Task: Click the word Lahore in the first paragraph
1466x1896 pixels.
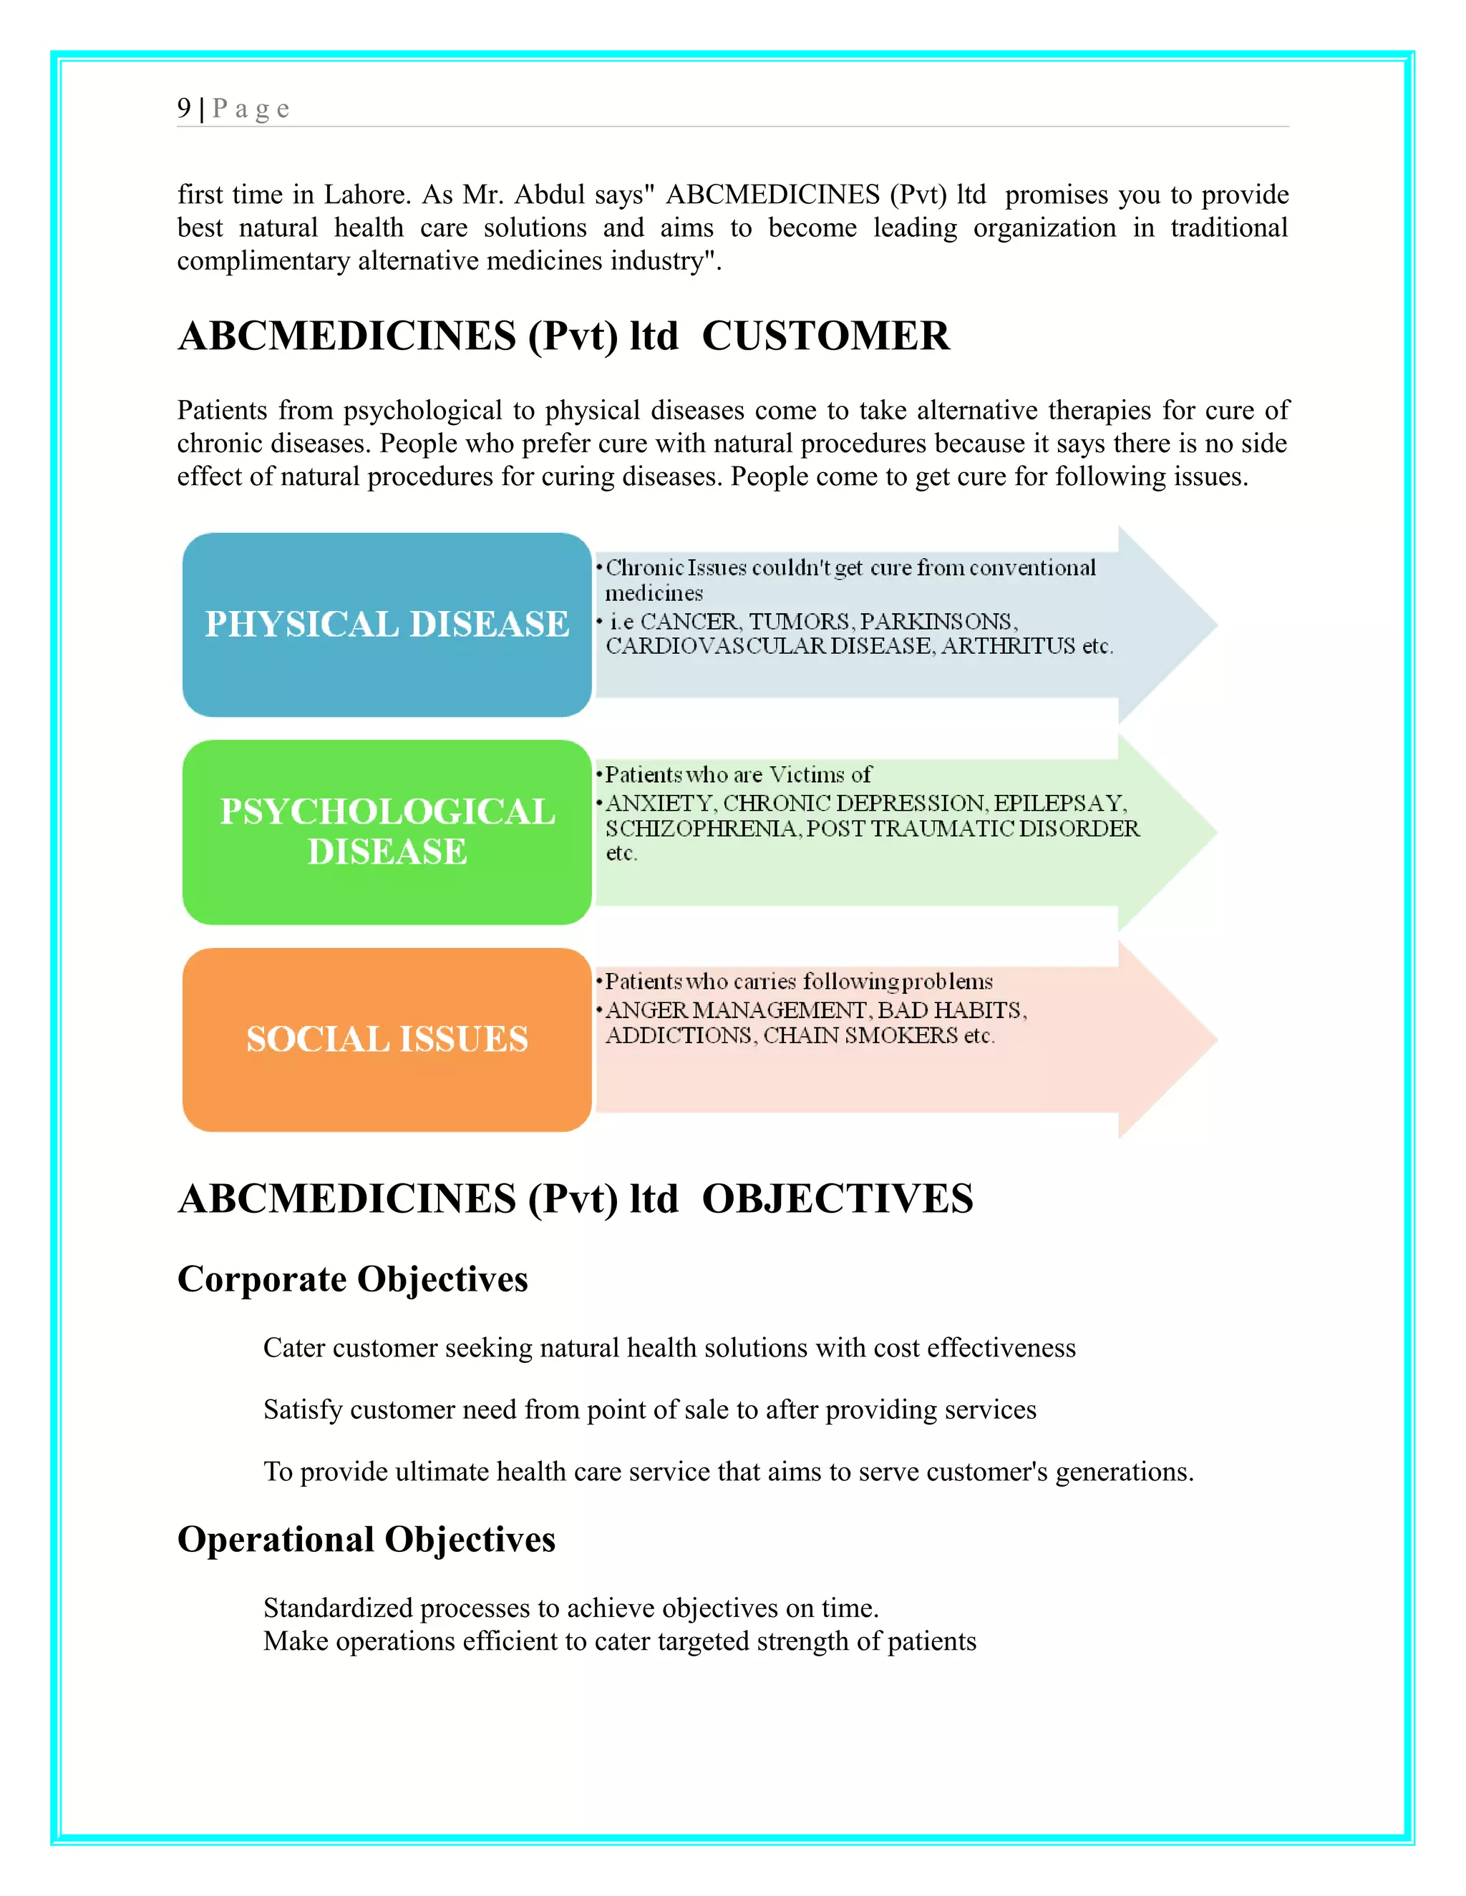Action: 366,195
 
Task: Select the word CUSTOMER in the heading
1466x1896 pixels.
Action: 825,336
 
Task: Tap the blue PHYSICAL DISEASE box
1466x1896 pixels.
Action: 387,624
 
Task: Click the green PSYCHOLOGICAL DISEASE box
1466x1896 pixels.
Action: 387,831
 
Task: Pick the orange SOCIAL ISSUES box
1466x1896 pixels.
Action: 387,1039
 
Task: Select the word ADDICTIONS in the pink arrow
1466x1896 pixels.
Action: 679,1036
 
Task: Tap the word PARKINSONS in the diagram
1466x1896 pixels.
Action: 936,622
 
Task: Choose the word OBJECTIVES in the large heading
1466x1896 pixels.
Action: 838,1199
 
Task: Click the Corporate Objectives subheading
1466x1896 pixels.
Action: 353,1279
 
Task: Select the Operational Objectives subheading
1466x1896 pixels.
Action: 366,1539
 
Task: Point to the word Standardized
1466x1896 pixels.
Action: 338,1608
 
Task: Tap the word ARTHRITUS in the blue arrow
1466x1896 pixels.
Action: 1007,646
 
